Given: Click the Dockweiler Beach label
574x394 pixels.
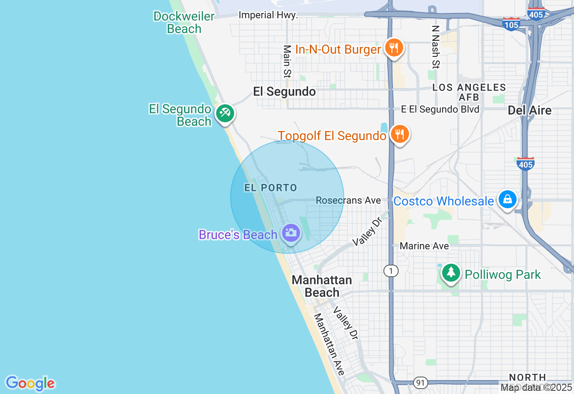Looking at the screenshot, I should [x=184, y=22].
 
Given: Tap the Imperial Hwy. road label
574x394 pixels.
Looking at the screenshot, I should [x=268, y=15].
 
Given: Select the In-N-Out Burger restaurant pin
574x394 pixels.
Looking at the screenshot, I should [x=394, y=47].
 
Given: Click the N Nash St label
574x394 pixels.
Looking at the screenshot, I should [x=435, y=47].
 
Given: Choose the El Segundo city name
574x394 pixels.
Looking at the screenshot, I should [x=284, y=92].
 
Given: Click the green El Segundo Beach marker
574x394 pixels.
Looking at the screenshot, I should [x=224, y=113].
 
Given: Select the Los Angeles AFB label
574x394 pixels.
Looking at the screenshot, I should [x=469, y=92].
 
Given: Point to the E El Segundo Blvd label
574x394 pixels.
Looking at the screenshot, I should [x=440, y=109].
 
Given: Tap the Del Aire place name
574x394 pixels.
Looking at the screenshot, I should [x=530, y=110].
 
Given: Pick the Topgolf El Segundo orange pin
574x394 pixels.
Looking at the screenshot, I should [x=399, y=134].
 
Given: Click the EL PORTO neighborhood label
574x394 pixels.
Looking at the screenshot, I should [x=271, y=188].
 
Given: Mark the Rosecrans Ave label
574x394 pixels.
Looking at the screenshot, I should [x=348, y=201].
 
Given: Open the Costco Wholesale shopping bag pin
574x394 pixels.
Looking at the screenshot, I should [x=507, y=199].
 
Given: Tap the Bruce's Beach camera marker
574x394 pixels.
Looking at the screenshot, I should [x=291, y=233].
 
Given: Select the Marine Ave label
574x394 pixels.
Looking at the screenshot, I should [x=424, y=246].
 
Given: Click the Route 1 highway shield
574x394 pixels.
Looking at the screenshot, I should [x=391, y=270].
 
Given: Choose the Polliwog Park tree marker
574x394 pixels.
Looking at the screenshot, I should [x=451, y=272].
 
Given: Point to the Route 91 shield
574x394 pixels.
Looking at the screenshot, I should [x=420, y=383].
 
